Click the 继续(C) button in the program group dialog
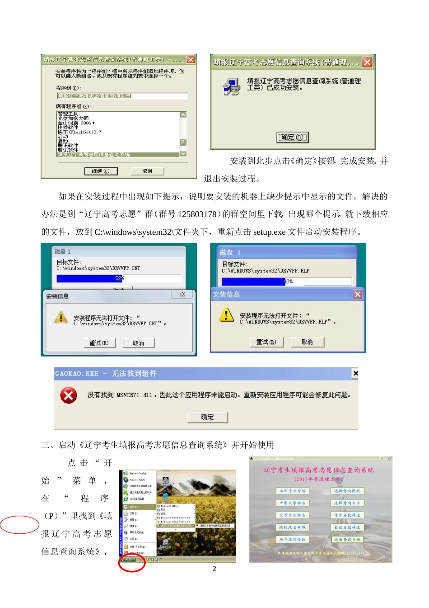coord(101,171)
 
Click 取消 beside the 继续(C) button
coord(147,171)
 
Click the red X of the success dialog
coord(368,62)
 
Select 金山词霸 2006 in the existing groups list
coord(76,123)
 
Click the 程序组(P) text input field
coord(122,96)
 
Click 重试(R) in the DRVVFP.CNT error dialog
coord(99,343)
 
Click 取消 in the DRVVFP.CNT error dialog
coord(138,343)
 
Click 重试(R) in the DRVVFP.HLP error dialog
coord(266,342)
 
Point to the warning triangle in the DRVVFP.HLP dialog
coord(226,315)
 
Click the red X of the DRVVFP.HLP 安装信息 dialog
coord(358,294)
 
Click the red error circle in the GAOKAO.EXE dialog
coord(69,396)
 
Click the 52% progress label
coord(120,279)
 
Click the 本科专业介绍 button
coord(292,491)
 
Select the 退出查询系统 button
coord(347,540)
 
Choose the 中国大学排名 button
coord(292,503)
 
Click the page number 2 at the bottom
coord(214,569)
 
